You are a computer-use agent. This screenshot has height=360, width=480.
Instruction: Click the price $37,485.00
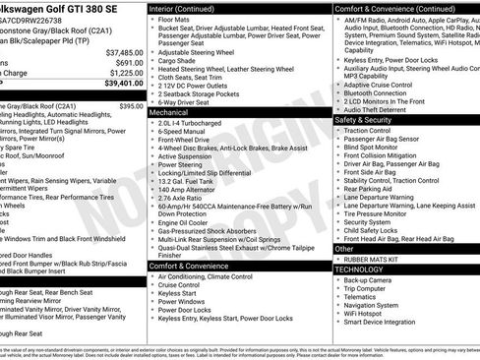(x=125, y=51)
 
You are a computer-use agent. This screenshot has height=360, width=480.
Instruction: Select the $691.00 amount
(x=130, y=62)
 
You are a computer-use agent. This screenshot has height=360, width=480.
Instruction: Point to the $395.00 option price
(x=131, y=105)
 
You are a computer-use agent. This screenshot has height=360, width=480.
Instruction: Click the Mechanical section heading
(x=169, y=113)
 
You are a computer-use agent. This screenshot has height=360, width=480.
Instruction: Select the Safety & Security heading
(x=369, y=119)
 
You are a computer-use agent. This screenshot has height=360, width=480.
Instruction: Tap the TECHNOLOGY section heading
(x=359, y=269)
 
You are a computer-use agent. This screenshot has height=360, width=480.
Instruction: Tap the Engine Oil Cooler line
(x=184, y=224)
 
